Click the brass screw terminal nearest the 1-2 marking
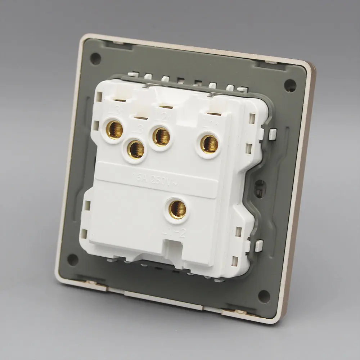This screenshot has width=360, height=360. [177, 209]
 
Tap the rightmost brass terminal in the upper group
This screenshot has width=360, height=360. [209, 144]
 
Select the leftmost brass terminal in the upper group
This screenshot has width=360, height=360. [115, 130]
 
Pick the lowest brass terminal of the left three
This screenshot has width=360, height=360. [136, 149]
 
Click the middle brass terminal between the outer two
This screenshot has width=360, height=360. [161, 136]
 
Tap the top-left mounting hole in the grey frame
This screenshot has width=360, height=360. [95, 59]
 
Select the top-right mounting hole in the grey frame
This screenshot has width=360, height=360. [290, 85]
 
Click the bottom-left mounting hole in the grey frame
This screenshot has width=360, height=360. [73, 260]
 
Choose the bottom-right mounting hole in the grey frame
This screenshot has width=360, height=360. [264, 296]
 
